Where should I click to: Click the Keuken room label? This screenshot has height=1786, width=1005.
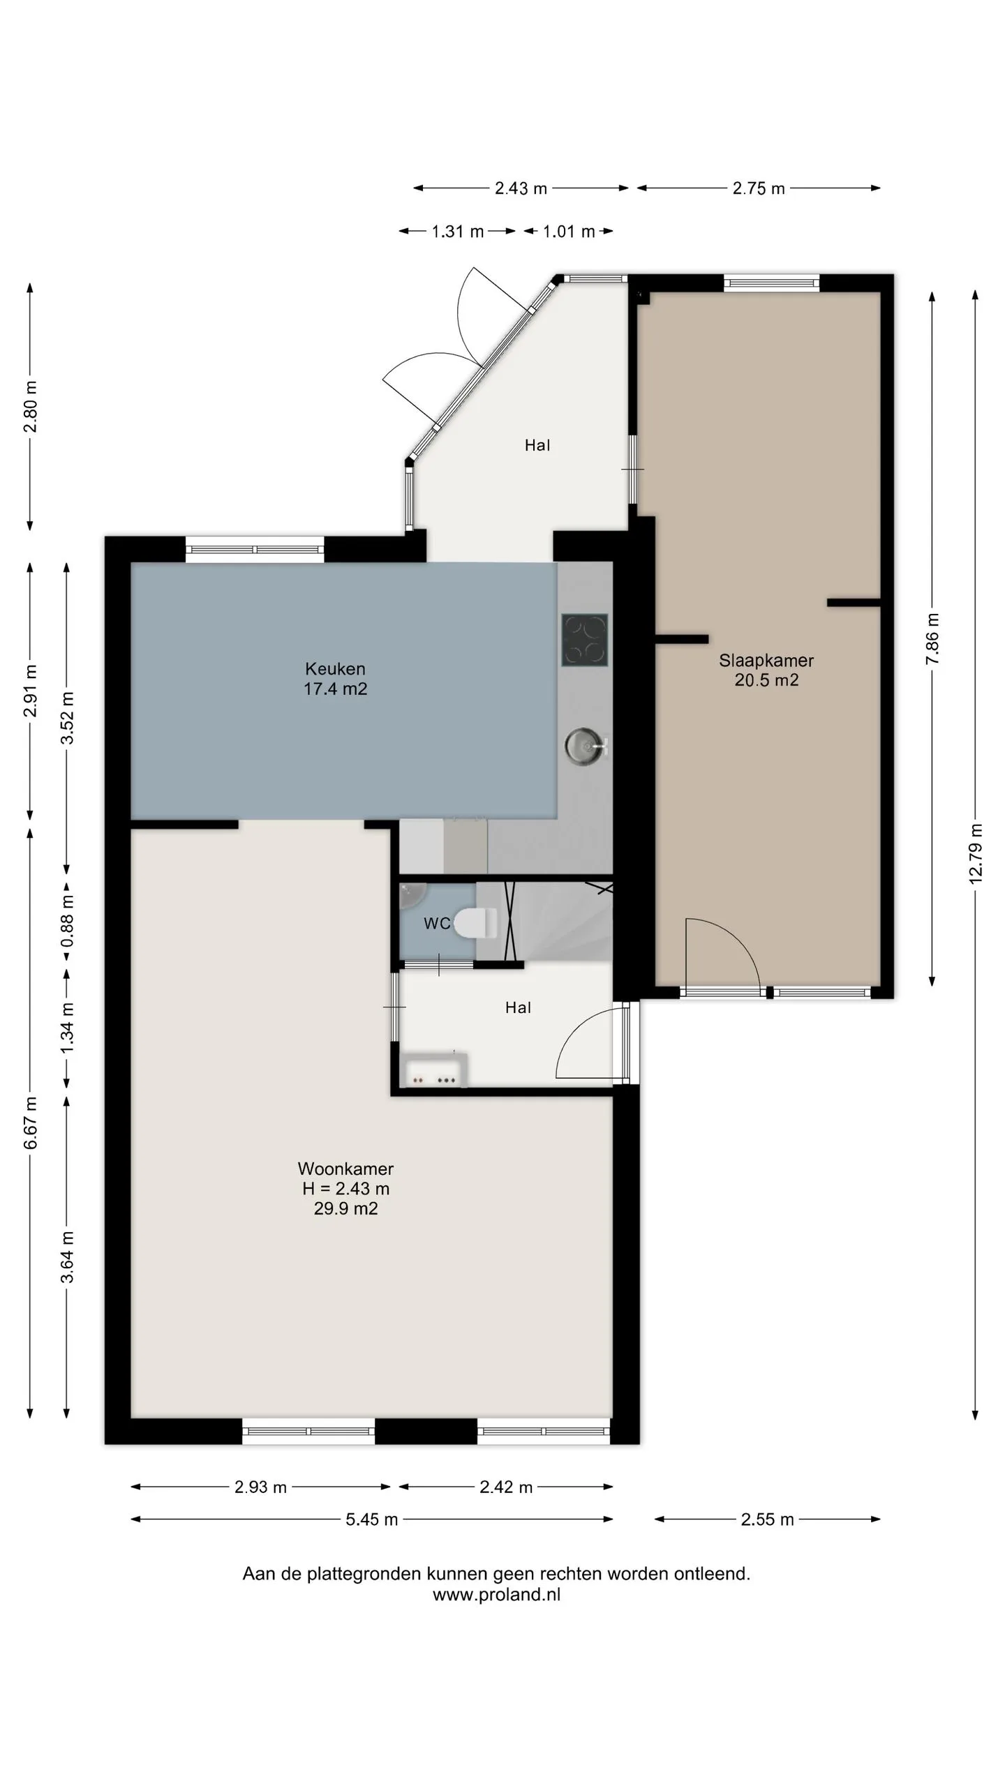coord(335,668)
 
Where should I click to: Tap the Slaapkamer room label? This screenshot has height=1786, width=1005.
coord(766,660)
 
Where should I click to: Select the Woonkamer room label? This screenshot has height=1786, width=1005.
coord(345,1168)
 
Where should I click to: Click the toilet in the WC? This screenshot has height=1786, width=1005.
coord(475,923)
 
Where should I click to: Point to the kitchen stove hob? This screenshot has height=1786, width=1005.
coord(585,640)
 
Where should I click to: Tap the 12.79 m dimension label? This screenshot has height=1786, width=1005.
coord(976,853)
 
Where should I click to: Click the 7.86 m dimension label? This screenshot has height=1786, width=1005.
coord(932,639)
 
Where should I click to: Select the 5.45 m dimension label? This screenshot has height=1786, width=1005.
coord(371,1519)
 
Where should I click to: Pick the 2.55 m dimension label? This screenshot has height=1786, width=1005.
coord(767,1519)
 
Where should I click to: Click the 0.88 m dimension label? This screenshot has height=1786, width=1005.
coord(67,922)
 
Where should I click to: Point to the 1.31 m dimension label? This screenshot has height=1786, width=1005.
coord(457,232)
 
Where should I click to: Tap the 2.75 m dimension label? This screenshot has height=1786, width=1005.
coord(759,188)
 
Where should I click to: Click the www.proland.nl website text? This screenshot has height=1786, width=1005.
coord(496,1595)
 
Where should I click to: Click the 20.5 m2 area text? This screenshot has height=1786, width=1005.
coord(766,680)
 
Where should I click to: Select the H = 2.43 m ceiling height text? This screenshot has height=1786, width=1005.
coord(345,1188)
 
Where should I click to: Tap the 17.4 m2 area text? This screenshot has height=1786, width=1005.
coord(335,689)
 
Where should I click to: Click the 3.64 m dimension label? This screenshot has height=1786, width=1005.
coord(67,1257)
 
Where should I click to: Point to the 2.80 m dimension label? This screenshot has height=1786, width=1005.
coord(31,407)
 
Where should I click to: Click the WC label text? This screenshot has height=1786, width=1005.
coord(437,924)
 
